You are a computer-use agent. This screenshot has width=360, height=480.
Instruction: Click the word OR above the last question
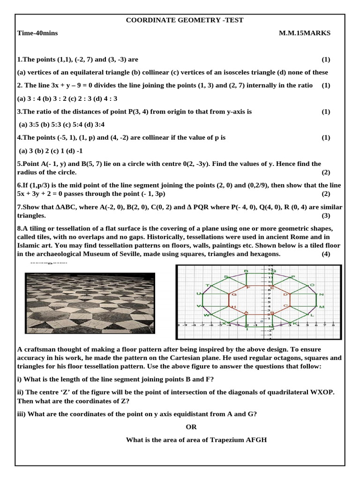coord(191,427)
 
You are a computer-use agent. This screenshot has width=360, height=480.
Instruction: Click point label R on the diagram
coord(246,271)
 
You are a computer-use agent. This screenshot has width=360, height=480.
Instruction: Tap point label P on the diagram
coord(293,277)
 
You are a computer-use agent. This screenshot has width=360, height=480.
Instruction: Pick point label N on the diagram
coord(321,294)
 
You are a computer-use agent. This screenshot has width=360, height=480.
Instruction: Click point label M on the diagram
coord(321,307)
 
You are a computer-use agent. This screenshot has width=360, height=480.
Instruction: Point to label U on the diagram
coord(198,294)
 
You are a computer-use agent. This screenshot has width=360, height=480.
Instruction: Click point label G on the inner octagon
coord(233,294)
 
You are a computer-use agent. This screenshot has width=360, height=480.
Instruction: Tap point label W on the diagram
coord(206,315)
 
